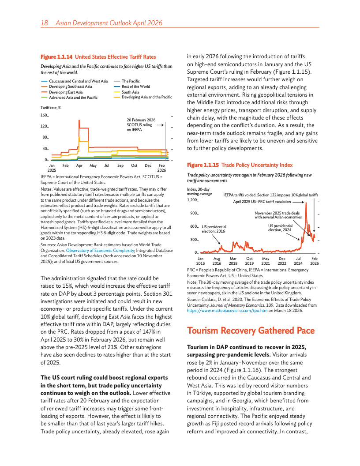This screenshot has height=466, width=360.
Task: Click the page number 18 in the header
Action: pos(44,23)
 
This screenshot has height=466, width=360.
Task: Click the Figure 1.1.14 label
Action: pos(56,57)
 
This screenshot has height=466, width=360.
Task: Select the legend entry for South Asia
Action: pos(131,92)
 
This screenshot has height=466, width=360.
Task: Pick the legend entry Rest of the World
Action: pos(136,86)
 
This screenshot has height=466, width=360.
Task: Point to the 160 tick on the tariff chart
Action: pos(44,116)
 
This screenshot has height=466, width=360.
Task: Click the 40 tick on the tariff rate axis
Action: pos(45,149)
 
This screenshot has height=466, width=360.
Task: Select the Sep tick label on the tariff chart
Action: pos(120,165)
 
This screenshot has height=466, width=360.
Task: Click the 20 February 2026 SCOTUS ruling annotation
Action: pos(141,125)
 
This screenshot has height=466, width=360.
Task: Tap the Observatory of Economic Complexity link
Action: pos(100,250)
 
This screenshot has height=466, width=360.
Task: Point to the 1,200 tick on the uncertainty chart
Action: pos(192,200)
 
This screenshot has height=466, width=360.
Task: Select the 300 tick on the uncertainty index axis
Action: pos(193,240)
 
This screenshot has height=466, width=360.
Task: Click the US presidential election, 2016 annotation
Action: pos(214,229)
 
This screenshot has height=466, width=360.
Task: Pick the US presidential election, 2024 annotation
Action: pos(280,227)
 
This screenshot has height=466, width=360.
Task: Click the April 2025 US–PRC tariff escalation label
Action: pos(262,201)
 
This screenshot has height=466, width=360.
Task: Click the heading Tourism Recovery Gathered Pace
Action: pos(251,331)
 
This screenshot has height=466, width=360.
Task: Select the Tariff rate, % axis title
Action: pos(50,107)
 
